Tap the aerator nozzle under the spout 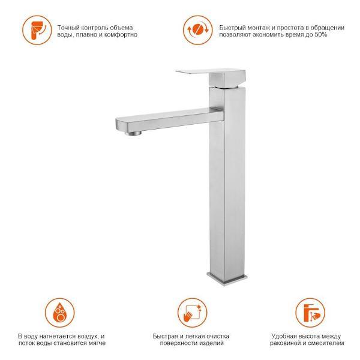[133, 133]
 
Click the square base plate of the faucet [227, 278]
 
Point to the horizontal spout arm [169, 121]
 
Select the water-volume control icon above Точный [37, 30]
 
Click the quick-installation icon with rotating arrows [197, 30]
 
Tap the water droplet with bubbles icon [59, 313]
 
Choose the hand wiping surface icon [193, 313]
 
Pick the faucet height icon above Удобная [310, 313]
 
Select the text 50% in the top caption [321, 35]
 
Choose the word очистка [218, 337]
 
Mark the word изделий [212, 343]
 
